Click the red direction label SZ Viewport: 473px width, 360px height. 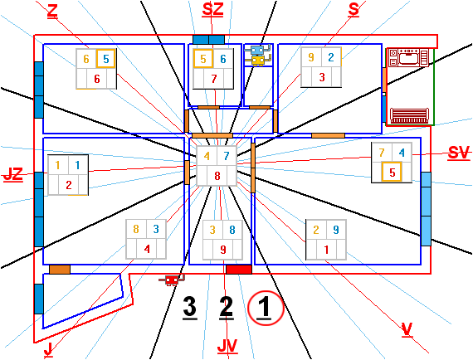click(212, 10)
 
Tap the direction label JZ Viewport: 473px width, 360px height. click(13, 174)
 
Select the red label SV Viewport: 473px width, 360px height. click(459, 153)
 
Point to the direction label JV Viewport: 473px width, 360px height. click(227, 346)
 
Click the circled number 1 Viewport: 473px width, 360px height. click(266, 308)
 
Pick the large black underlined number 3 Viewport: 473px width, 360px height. click(190, 308)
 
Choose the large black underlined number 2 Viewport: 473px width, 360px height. click(227, 308)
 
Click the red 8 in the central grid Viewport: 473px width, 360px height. click(217, 176)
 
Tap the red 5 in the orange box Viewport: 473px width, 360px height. click(392, 173)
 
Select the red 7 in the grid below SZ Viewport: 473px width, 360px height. click(214, 79)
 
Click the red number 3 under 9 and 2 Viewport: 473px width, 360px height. click(322, 77)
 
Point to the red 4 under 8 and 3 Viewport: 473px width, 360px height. click(147, 249)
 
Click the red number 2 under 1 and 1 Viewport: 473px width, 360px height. click(69, 185)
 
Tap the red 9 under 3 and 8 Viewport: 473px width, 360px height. click(223, 250)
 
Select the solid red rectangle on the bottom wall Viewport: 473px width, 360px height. click(239, 270)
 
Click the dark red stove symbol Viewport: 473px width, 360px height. click(408, 57)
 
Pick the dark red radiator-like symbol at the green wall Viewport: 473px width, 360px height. click(409, 115)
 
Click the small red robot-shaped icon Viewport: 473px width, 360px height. click(172, 280)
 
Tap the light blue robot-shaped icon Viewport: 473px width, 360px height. click(258, 50)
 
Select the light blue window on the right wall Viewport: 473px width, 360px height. click(426, 209)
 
